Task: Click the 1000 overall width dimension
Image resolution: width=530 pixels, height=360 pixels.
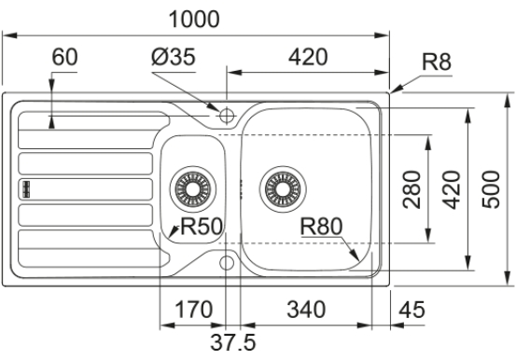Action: [x=194, y=19]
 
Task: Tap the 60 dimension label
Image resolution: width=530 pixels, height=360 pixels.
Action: [x=64, y=57]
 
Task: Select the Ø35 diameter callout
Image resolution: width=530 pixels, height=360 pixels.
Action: [x=174, y=56]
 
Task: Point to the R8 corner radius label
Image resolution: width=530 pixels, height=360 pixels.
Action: [x=437, y=62]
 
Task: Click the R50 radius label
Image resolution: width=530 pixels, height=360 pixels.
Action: [x=202, y=226]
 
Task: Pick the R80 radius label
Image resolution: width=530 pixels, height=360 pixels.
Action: [x=321, y=227]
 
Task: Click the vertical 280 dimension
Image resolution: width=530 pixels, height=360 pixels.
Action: [x=412, y=189]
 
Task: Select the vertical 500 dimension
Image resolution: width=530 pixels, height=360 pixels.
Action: [x=491, y=189]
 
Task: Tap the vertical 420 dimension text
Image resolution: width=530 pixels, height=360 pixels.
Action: [x=452, y=189]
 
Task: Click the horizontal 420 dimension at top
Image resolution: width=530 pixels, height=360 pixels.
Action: [x=308, y=57]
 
